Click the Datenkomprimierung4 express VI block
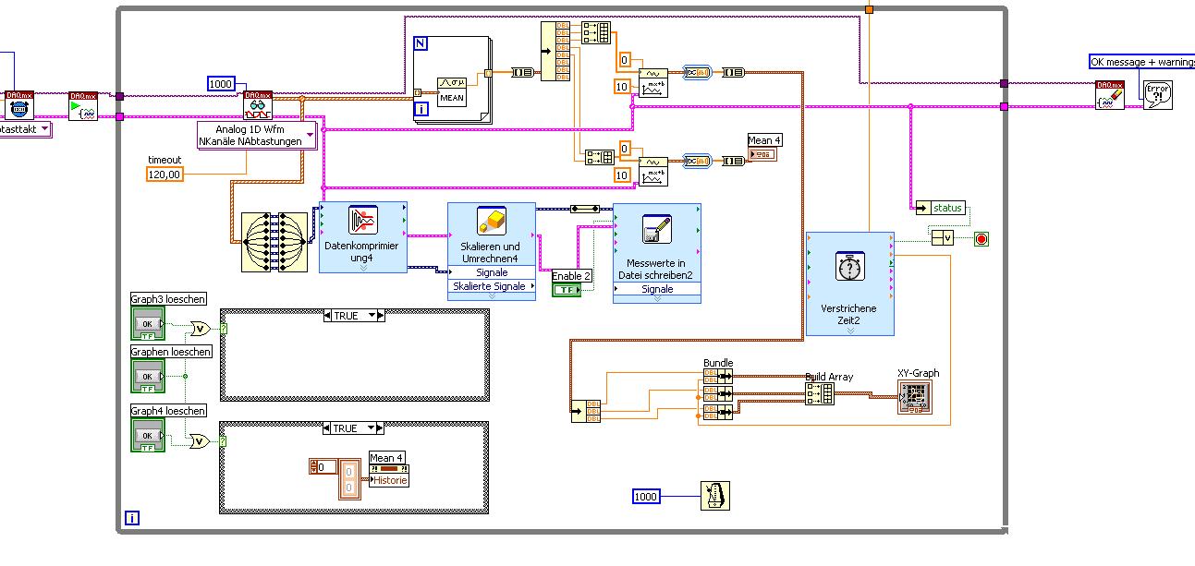pos(363,237)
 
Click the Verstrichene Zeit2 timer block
pos(849,283)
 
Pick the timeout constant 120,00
pos(165,174)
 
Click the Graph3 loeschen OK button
pos(147,324)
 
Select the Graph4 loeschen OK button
pos(147,435)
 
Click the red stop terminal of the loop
pos(981,239)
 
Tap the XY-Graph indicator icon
pos(915,396)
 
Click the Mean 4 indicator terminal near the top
pos(764,153)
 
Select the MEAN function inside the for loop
pos(452,90)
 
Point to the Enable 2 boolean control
pos(567,290)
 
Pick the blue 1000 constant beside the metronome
pos(647,497)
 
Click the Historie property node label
pos(389,480)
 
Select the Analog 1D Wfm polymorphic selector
pos(256,135)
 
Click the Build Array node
pos(819,394)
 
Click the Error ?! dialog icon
pos(1157,94)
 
